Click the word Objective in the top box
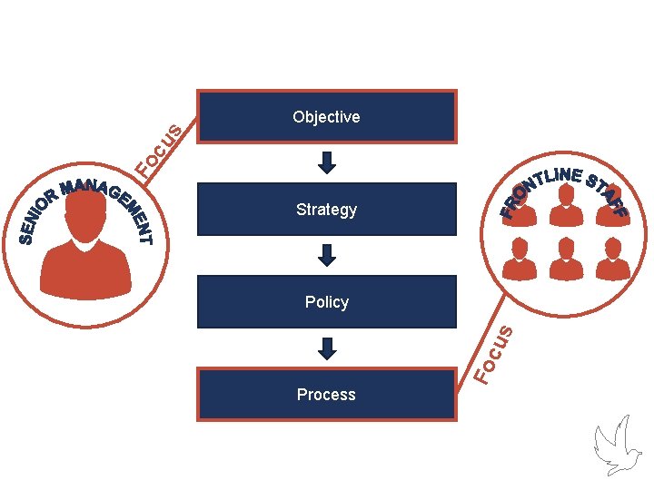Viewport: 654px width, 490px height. pos(326,117)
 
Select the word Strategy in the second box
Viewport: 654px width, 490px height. pos(326,210)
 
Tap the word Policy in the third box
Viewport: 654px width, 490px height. pos(327,302)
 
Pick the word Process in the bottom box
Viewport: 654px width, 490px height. pos(326,395)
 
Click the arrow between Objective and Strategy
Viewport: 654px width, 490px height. pos(327,162)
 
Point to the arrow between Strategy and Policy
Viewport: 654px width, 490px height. pos(327,255)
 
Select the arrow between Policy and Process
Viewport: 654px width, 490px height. pos(327,348)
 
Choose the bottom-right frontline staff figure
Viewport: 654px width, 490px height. pos(612,259)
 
